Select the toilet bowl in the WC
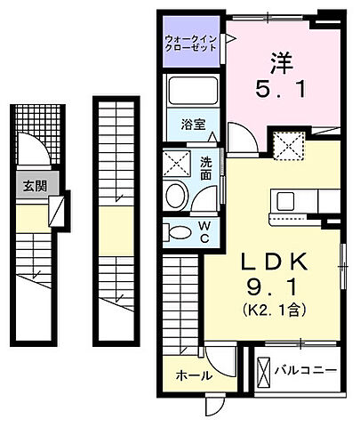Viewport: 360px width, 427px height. pos(178,233)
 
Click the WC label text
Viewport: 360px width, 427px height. pos(204,232)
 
